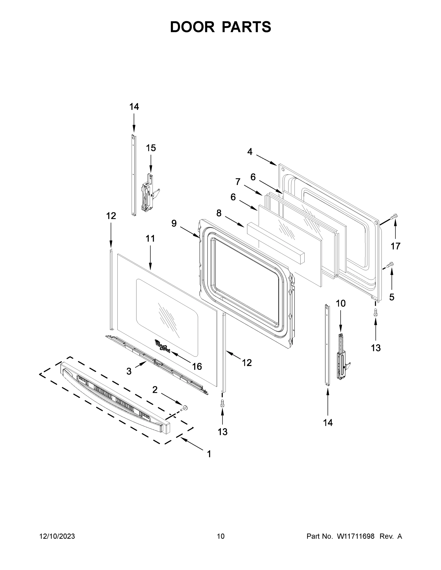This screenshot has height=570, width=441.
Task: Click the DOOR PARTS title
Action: point(221,27)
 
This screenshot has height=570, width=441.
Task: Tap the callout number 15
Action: point(151,148)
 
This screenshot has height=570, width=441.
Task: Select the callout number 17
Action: point(395,246)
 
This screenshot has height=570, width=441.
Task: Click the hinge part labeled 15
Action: point(148,193)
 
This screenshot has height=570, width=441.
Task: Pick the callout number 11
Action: point(150,238)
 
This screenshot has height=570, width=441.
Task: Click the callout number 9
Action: point(174,223)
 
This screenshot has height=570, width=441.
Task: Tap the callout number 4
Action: point(250,152)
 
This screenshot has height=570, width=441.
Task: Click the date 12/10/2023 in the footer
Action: point(57,536)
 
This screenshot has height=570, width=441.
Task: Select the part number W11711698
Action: point(356,536)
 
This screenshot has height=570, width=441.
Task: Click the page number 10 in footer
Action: point(221,536)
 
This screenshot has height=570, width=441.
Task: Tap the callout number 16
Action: point(197,366)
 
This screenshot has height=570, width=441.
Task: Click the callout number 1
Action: point(209,454)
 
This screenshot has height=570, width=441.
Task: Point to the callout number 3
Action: point(129,371)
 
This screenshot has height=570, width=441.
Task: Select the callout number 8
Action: point(219,213)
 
